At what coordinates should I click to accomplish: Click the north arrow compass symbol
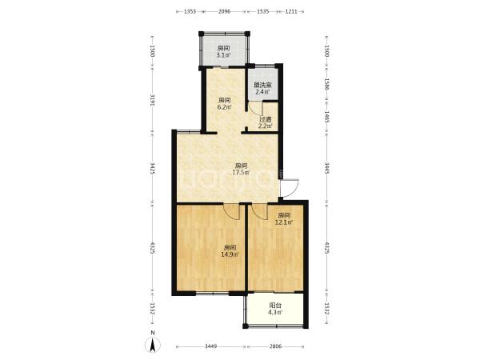[153, 344]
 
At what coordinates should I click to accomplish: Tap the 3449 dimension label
[211, 346]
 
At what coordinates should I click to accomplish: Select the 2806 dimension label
[275, 346]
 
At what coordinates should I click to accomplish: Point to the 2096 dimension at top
[224, 12]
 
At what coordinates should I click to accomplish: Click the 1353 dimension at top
[190, 12]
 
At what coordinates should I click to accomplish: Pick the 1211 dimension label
[291, 12]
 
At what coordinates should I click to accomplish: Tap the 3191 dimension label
[153, 100]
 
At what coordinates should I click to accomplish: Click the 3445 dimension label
[326, 168]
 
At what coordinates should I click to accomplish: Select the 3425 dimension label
[153, 168]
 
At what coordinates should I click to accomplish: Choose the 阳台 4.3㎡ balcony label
[275, 309]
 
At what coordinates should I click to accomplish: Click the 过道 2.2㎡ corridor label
[265, 122]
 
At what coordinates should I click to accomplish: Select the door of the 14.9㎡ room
[232, 211]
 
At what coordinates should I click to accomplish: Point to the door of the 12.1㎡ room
[259, 211]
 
